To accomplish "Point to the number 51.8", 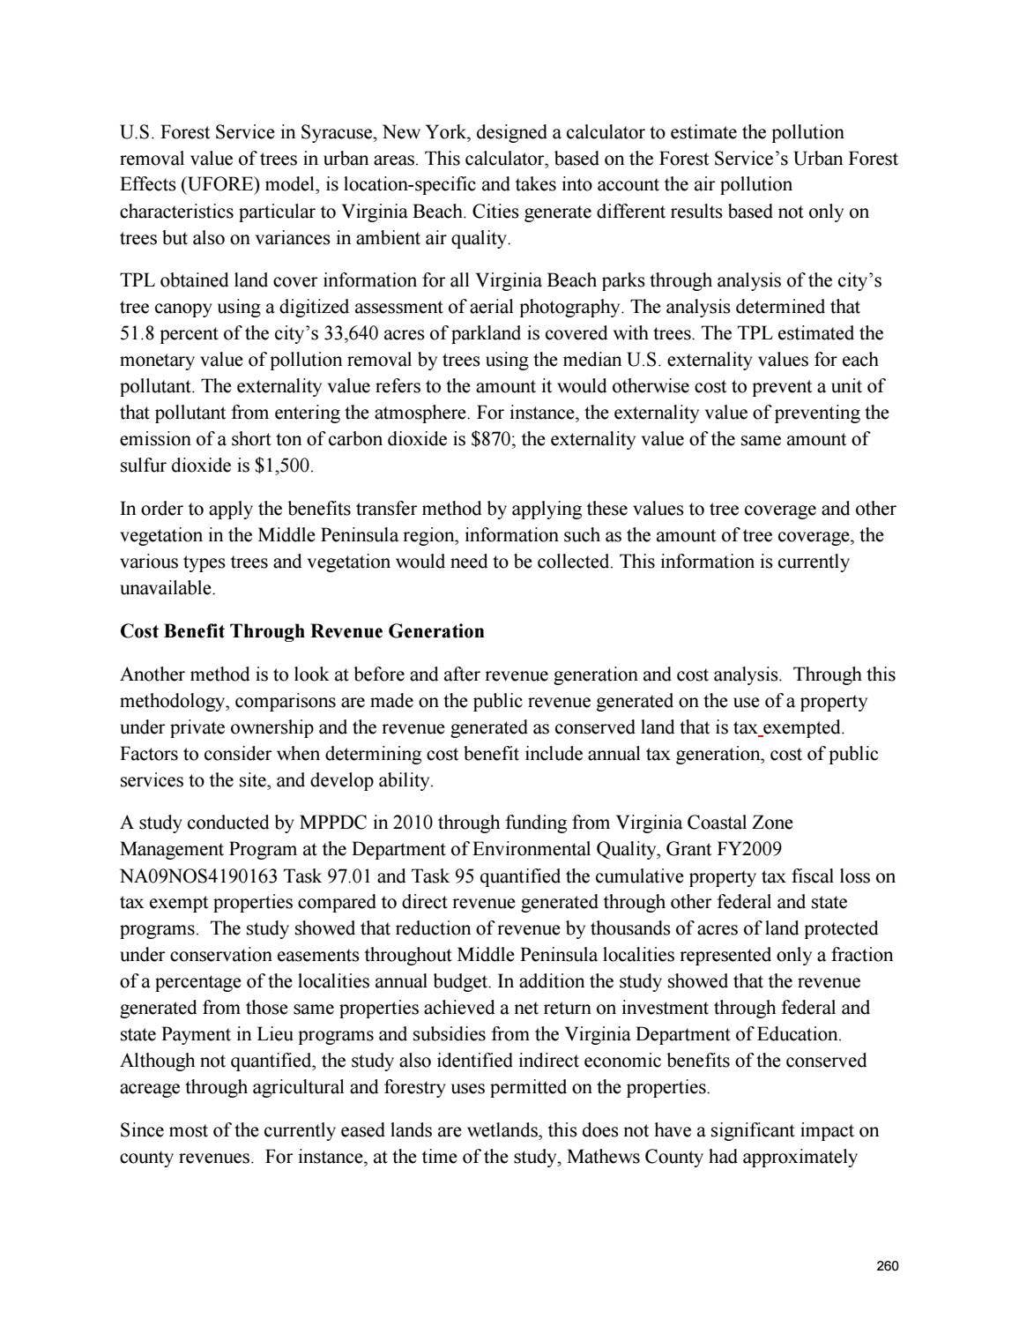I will coord(137,334).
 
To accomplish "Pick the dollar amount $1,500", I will coord(283,466).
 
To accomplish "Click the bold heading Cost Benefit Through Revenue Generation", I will coord(301,631).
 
